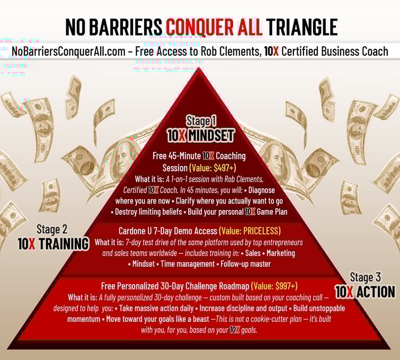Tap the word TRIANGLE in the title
(302, 27)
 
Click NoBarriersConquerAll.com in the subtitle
(68, 51)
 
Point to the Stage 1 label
(201, 121)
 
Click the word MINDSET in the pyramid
(211, 136)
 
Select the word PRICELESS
(261, 231)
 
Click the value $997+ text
(286, 286)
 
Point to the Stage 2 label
(52, 229)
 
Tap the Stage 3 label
(365, 277)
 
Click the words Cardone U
(135, 231)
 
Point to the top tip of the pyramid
(199, 68)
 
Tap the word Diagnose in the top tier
(262, 190)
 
